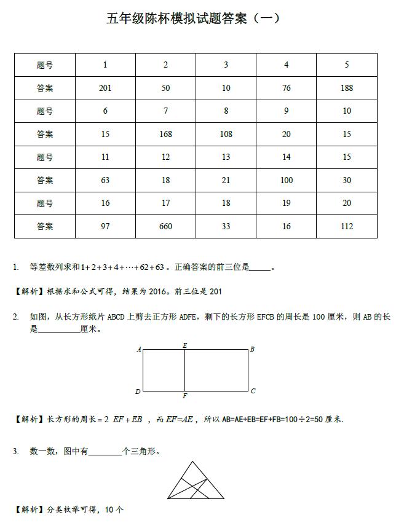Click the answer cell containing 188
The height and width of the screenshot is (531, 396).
click(347, 88)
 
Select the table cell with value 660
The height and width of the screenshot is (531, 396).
click(165, 226)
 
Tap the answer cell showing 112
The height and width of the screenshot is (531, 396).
click(347, 226)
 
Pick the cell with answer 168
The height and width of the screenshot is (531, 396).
click(165, 134)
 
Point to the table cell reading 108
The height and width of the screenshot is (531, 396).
click(226, 134)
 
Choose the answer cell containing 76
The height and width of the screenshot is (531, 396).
click(287, 88)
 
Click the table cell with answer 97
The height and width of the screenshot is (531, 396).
click(105, 226)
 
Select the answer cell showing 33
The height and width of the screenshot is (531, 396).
click(226, 226)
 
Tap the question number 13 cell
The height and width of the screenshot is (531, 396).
click(226, 157)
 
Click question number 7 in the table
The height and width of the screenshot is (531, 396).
click(165, 111)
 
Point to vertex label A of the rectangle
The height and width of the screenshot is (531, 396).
click(138, 350)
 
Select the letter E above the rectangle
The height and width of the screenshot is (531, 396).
click(185, 345)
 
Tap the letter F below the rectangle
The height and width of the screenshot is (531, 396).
click(184, 396)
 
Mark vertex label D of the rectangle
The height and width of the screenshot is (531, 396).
click(138, 391)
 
